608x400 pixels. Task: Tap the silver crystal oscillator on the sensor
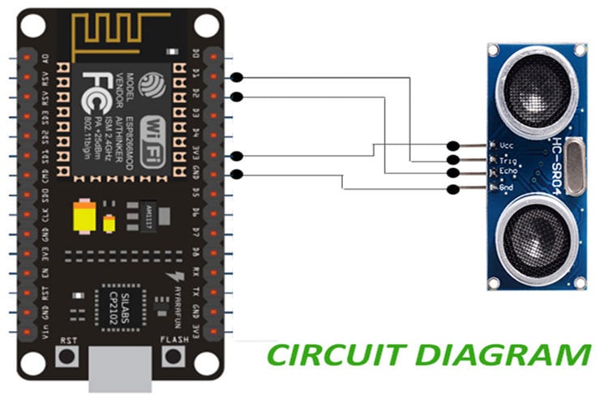[574, 167]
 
